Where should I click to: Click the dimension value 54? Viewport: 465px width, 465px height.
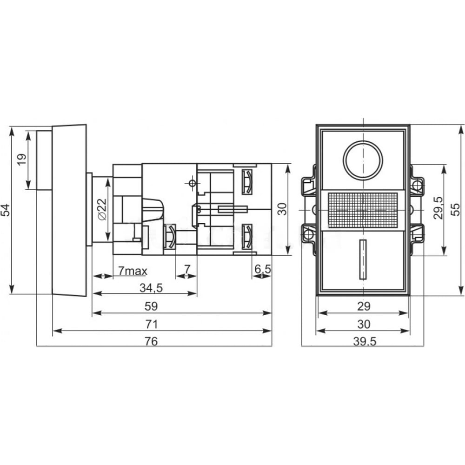[x=6, y=210]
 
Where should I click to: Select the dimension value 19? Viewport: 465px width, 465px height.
[x=22, y=160]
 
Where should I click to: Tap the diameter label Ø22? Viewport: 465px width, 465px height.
[x=102, y=210]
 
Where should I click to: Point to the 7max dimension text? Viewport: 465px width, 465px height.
[x=133, y=271]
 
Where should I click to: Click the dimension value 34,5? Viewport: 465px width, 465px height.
[x=151, y=288]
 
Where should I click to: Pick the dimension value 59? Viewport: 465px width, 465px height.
[x=151, y=306]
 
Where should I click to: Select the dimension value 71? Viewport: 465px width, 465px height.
[x=151, y=325]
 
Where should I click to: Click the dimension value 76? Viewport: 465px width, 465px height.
[x=151, y=341]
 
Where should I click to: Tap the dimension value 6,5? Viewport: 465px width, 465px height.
[x=263, y=269]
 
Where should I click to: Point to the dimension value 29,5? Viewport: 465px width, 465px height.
[x=438, y=208]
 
